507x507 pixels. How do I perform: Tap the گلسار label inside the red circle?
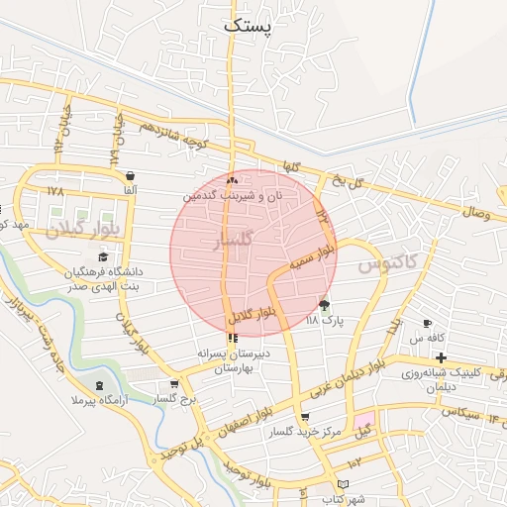coord(235,240)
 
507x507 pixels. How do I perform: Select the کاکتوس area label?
coord(386,261)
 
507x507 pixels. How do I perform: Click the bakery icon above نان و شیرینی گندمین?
coord(232,181)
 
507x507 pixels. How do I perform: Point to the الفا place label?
coord(130,189)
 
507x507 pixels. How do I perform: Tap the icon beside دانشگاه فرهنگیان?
coord(103,256)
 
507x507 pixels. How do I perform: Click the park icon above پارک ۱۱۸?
coord(324,305)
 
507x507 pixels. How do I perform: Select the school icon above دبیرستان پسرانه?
coord(233,338)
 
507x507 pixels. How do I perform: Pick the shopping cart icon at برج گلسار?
coord(175,385)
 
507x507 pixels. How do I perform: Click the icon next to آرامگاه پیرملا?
coord(98,385)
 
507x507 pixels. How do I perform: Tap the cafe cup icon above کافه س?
coord(428,324)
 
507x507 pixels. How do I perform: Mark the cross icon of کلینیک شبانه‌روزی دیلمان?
coord(441,356)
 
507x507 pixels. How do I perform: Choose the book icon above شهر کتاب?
coord(344,485)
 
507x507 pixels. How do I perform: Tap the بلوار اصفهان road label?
coord(241,425)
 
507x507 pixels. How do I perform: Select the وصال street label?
coord(476,212)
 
